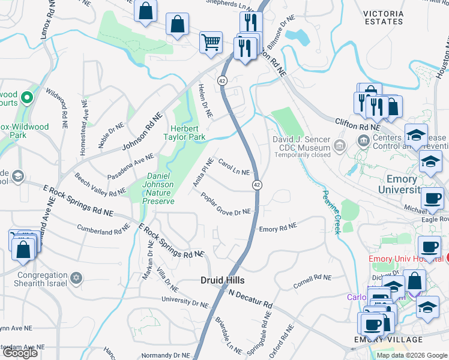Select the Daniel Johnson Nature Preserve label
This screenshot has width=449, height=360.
[158, 188]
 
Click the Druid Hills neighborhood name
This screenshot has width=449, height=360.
[222, 280]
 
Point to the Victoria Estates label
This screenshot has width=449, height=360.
[383, 17]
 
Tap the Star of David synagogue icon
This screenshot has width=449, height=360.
[76, 278]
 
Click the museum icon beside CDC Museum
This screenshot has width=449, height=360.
[340, 146]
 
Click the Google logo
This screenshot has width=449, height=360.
[20, 353]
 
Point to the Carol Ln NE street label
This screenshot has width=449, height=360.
[234, 167]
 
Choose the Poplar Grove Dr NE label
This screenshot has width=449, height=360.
[225, 204]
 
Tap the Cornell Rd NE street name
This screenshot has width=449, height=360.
[312, 281]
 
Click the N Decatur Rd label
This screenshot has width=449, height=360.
[251, 298]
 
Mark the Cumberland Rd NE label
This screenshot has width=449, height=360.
[104, 228]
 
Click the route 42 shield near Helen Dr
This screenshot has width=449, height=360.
[222, 80]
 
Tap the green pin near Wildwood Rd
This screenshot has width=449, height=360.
[27, 97]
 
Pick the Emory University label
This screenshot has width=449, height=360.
[401, 184]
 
